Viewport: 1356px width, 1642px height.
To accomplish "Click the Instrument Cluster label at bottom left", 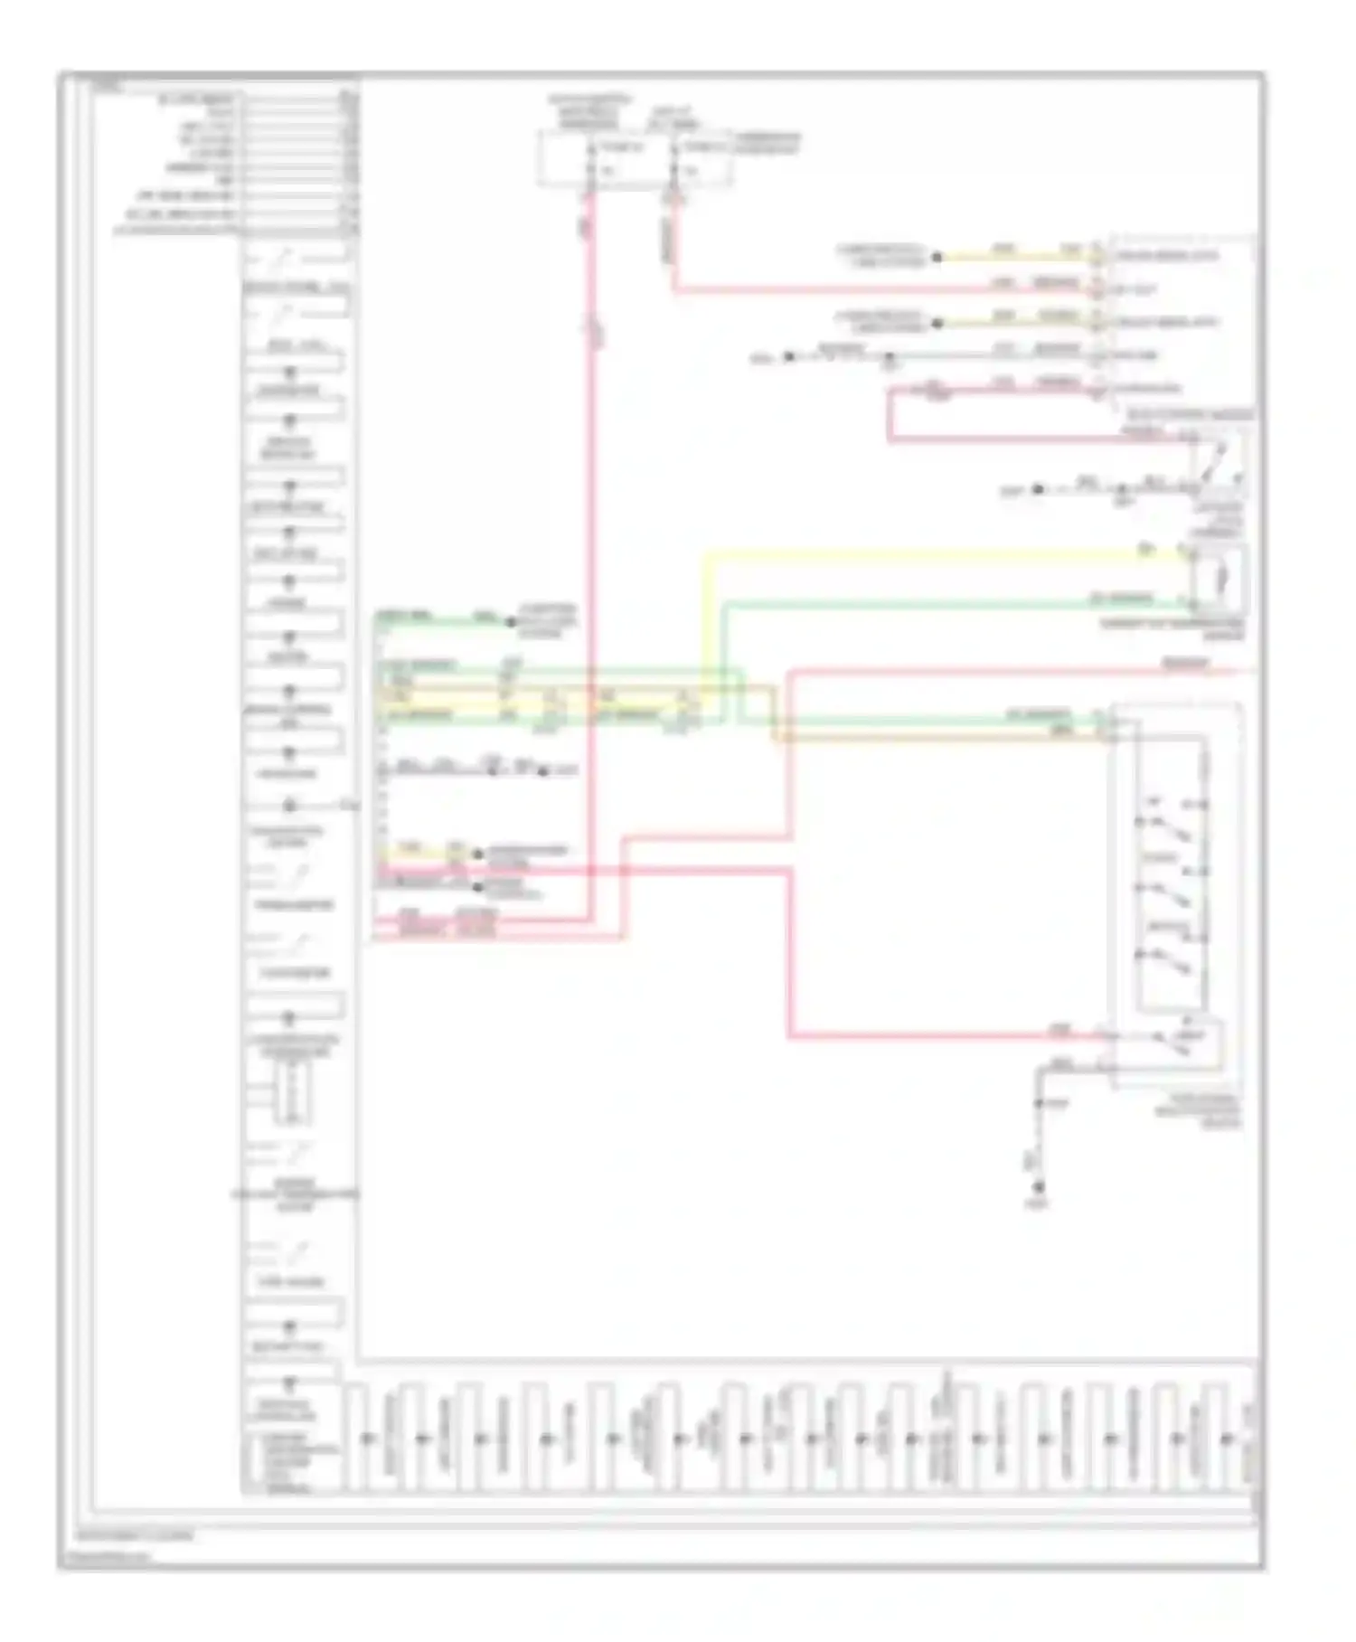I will pos(134,1535).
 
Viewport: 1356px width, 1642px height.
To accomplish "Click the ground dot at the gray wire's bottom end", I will pos(1039,1187).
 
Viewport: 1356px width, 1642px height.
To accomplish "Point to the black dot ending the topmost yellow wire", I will pos(937,257).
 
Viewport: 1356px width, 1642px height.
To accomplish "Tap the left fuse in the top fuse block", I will pos(591,158).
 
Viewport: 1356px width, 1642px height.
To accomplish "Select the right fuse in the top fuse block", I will pos(674,158).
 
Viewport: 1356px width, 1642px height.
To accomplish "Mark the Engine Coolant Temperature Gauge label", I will pos(294,1194).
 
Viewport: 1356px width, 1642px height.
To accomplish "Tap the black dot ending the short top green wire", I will pos(511,622).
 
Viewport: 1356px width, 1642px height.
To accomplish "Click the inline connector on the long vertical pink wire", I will pos(593,330).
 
